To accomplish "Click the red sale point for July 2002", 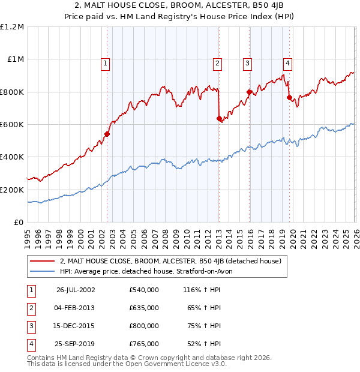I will pos(107,134).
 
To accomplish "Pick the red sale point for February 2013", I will pos(219,119).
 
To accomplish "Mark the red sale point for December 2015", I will pos(249,92).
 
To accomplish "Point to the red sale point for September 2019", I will pos(289,98).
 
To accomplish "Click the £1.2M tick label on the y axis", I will pos(12,27).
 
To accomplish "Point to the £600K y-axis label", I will pos(12,125).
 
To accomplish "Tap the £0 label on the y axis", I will pos(19,222).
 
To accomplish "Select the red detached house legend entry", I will pos(174,261).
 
